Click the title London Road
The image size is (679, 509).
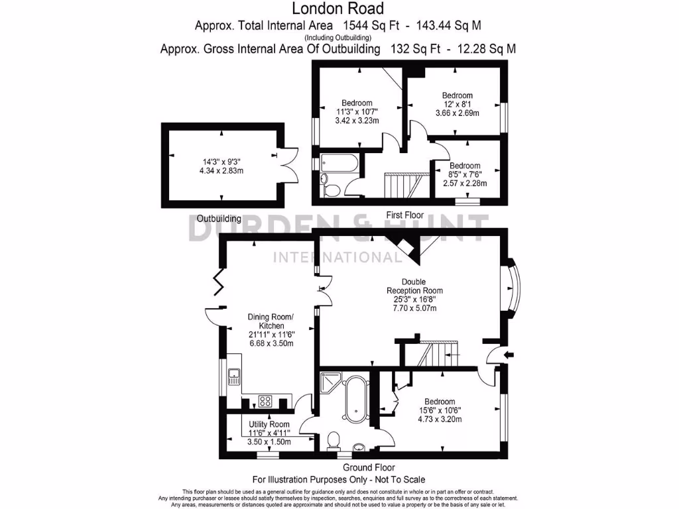338,9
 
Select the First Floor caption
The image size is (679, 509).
404,215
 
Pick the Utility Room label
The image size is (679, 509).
269,424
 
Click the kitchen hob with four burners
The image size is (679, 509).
265,400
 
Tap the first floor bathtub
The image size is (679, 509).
338,163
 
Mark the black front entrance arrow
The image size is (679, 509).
509,356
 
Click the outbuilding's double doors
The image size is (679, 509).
286,163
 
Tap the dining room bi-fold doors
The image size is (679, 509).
219,283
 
